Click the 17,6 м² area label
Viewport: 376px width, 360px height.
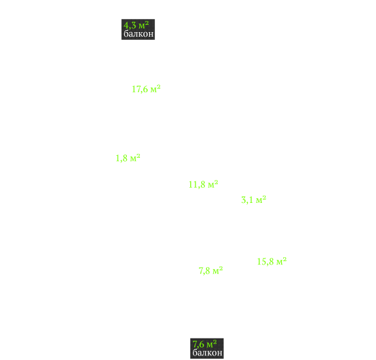146,89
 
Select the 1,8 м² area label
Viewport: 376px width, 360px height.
128,158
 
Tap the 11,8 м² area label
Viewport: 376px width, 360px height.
203,185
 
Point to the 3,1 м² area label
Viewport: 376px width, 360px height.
254,200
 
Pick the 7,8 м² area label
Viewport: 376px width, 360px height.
211,271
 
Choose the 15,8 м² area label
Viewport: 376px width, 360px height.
272,261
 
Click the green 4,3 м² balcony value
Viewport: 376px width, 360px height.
136,25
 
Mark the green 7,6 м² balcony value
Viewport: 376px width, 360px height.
205,344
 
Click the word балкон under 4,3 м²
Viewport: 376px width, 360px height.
139,34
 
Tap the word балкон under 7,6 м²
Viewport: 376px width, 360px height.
207,353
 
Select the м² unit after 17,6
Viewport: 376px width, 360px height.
156,89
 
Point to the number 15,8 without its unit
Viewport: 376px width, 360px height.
265,262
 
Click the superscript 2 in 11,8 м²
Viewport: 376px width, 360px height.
216,182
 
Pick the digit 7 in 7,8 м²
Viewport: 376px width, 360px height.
201,271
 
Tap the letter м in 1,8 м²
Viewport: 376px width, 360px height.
133,159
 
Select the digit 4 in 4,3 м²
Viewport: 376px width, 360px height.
126,25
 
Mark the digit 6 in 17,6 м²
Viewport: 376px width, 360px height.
146,89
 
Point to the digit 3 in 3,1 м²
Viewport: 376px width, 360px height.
244,200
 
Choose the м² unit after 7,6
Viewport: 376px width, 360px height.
212,344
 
